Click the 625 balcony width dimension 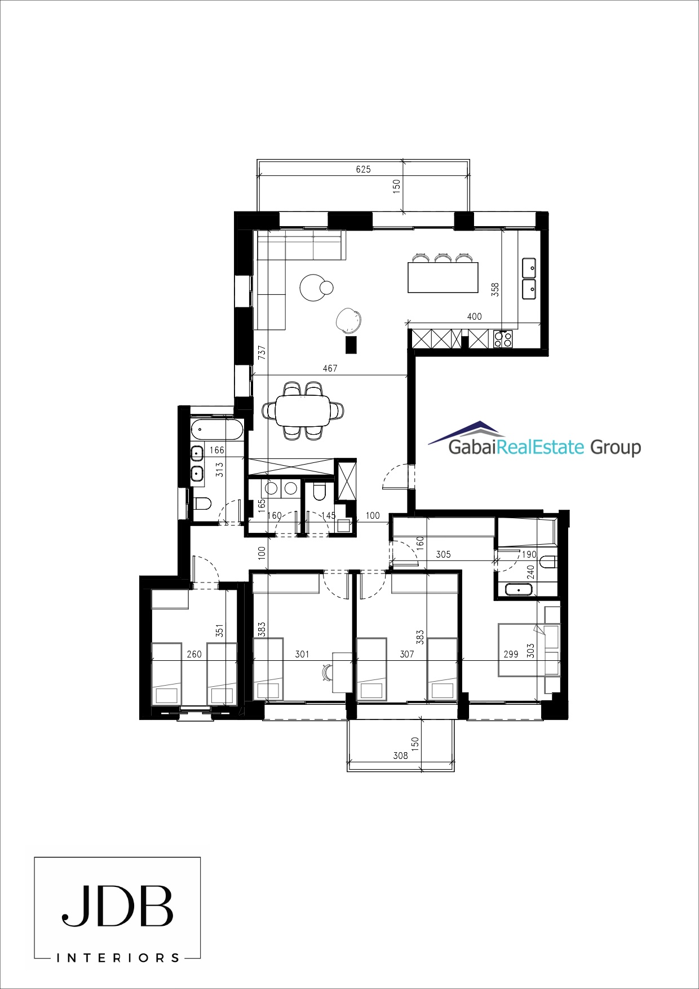click(364, 169)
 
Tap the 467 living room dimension click(330, 368)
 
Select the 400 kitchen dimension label click(475, 316)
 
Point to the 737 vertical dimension click(262, 352)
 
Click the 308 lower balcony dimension click(400, 756)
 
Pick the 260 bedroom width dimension click(194, 654)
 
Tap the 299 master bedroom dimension click(511, 654)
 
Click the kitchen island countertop click(443, 277)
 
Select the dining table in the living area click(303, 410)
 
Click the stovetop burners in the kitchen click(503, 339)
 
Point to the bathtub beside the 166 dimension click(216, 430)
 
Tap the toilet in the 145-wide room click(318, 493)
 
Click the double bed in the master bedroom click(529, 650)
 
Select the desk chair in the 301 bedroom click(327, 673)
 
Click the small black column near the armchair click(351, 345)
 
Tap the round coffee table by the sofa click(313, 288)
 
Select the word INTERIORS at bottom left click(118, 957)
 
